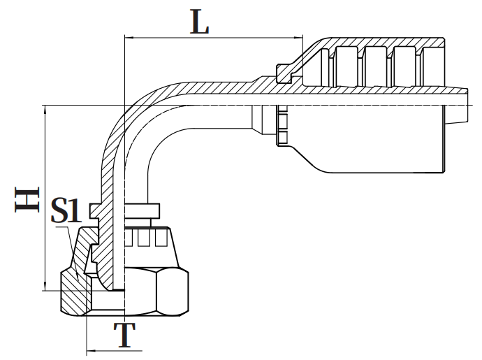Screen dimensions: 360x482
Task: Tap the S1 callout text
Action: (68, 210)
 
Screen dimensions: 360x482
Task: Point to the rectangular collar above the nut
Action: (143, 209)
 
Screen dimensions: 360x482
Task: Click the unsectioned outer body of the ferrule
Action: (377, 140)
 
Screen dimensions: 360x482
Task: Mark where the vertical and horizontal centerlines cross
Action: (124, 106)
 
